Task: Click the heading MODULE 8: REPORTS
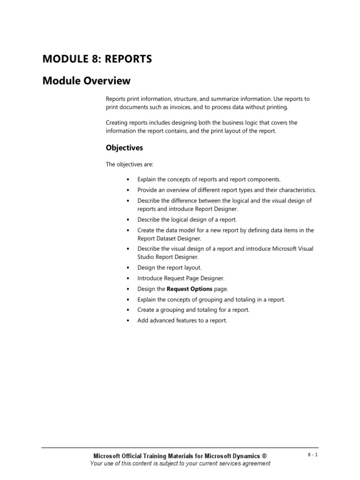(97, 59)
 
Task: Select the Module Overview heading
(86, 81)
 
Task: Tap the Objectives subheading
(124, 148)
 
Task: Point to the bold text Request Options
(189, 289)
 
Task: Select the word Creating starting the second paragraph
(116, 123)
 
